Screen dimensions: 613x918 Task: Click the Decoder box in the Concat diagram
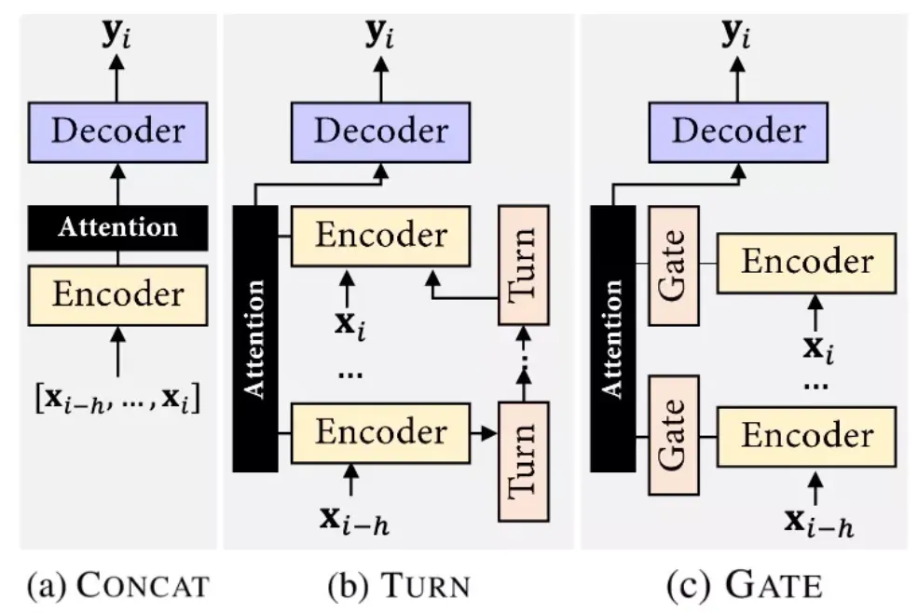[x=117, y=129]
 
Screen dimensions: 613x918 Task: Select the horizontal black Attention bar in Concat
[x=117, y=227]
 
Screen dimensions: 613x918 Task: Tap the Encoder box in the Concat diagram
[x=117, y=294]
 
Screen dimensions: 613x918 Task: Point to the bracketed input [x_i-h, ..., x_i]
[x=117, y=403]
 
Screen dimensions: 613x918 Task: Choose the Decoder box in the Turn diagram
[x=380, y=129]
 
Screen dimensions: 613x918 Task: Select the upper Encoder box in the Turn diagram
[x=380, y=236]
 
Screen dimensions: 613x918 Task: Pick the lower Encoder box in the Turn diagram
[x=380, y=432]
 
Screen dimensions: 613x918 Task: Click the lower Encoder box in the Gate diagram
[x=807, y=434]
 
